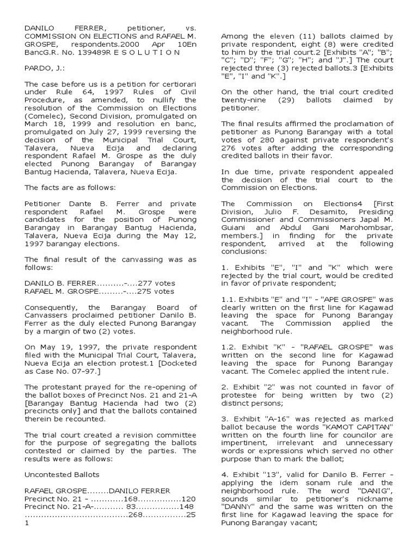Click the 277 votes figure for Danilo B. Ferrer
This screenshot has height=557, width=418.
(156, 283)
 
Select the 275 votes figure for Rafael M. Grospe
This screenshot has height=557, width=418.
(155, 291)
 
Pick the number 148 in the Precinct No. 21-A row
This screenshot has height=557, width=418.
(185, 509)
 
